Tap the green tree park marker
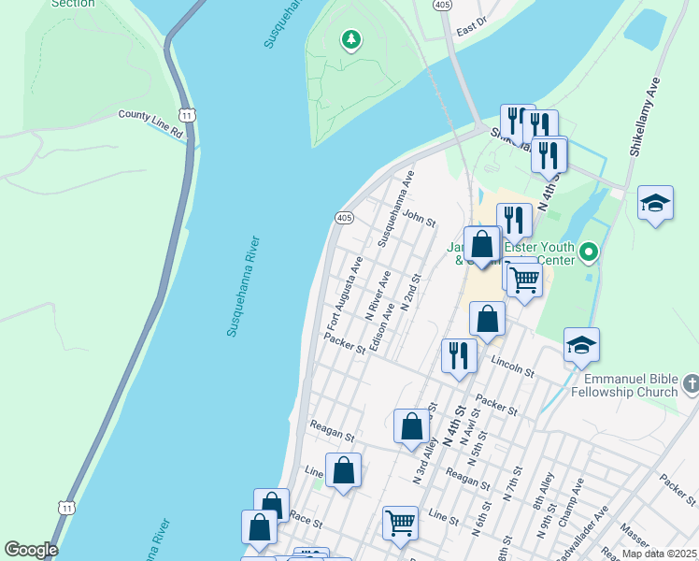pos(351,39)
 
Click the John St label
pos(420,220)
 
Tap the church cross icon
pos(690,383)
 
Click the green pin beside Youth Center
pos(588,252)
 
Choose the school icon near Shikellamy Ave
pos(655,203)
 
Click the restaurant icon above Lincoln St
pos(458,355)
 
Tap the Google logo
pos(31,550)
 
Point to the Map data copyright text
pos(658,554)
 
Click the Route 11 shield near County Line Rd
pos(188,115)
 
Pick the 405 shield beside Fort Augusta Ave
pos(343,218)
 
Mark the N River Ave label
pos(379,292)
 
